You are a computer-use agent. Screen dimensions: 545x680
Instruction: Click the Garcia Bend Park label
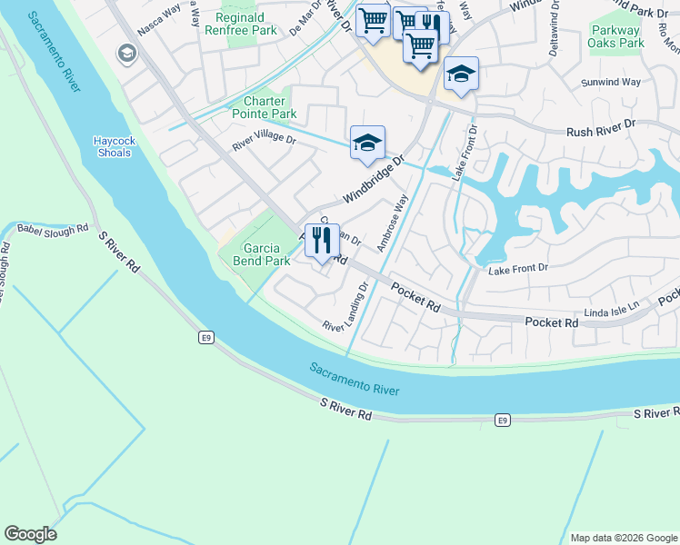[x=265, y=254]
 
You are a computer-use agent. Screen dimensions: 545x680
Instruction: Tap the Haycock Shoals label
[x=113, y=146]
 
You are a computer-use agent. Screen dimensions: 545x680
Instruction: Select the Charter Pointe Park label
[x=269, y=108]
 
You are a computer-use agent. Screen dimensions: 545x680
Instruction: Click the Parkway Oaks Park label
[x=616, y=36]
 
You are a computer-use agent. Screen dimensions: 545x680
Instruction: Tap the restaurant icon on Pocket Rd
[x=322, y=241]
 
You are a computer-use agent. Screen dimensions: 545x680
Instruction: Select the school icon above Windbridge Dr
[x=367, y=144]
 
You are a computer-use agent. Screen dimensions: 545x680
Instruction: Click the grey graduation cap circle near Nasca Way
[x=125, y=54]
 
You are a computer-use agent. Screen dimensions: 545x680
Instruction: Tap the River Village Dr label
[x=264, y=141]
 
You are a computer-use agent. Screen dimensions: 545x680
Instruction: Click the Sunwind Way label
[x=611, y=82]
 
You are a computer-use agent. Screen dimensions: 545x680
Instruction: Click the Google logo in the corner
[x=30, y=534]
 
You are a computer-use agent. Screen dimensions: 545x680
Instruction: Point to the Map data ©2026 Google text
[x=622, y=538]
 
